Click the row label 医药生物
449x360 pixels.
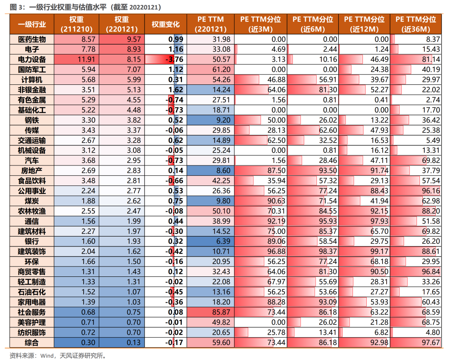click(32, 39)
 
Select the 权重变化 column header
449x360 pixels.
click(165, 25)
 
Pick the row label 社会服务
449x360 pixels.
click(32, 312)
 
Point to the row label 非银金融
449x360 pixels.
click(32, 90)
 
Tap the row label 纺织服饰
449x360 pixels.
click(32, 333)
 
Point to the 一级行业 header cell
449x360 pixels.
click(32, 25)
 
